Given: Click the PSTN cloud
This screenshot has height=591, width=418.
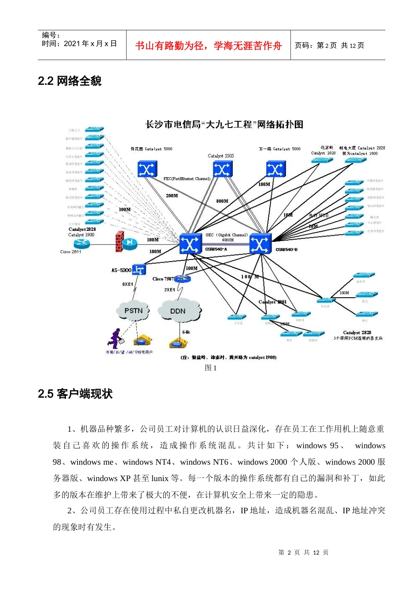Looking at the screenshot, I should pos(133,311).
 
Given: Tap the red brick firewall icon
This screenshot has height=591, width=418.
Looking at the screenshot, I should pos(119,241).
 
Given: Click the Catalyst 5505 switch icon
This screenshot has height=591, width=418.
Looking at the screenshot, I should pos(222,169).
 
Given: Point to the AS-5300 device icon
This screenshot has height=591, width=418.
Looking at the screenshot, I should pos(139,270).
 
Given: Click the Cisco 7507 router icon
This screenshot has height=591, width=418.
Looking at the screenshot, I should pos(182,279).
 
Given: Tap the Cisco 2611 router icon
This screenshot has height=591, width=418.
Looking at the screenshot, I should pos(130,243).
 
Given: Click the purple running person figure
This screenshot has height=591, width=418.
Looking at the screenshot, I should pos(115,339).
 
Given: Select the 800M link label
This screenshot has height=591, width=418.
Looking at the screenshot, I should pos(222,201).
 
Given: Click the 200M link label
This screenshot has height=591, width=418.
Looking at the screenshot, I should pos(172,196).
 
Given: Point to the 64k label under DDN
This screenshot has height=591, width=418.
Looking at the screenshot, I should pos(186,332).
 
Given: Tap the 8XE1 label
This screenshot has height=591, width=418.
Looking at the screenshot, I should pos(128,284).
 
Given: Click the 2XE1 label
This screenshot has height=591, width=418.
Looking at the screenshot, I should pos(169,290).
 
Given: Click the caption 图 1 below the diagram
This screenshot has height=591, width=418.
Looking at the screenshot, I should pos(211,368).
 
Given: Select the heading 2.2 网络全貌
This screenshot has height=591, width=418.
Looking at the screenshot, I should pos(70,81).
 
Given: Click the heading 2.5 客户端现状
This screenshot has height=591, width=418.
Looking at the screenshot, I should pos(75,394).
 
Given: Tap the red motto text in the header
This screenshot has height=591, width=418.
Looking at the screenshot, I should pos(208,46).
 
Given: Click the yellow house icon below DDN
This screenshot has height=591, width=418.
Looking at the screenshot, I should pos(177,343).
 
